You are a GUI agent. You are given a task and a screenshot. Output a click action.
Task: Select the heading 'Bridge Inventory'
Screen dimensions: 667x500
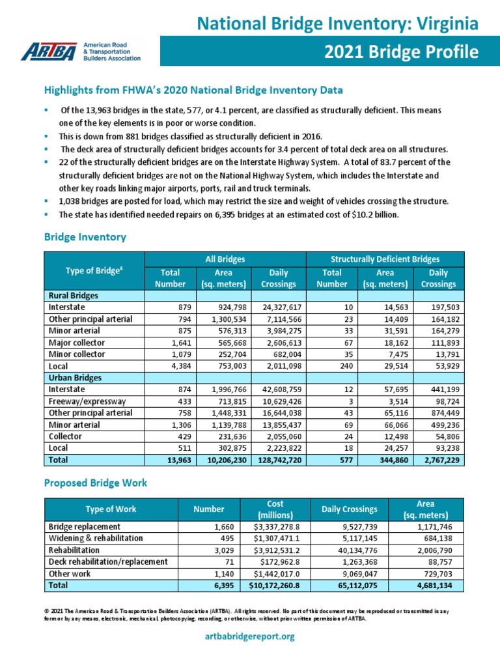[x=85, y=238]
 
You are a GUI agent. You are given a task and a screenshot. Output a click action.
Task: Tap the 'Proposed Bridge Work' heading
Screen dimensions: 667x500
[x=95, y=483]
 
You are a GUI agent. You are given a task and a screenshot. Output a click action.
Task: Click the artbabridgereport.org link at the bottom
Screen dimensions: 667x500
[x=249, y=636]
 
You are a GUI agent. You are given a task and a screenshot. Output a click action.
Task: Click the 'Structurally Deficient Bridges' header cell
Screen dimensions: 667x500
[x=385, y=259]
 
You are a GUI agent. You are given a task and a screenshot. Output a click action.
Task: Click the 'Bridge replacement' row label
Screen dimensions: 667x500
[x=84, y=526]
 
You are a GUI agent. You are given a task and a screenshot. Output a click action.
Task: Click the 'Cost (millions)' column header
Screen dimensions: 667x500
[x=275, y=509]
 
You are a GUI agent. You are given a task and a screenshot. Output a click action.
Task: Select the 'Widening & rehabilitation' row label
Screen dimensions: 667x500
[x=96, y=538]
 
